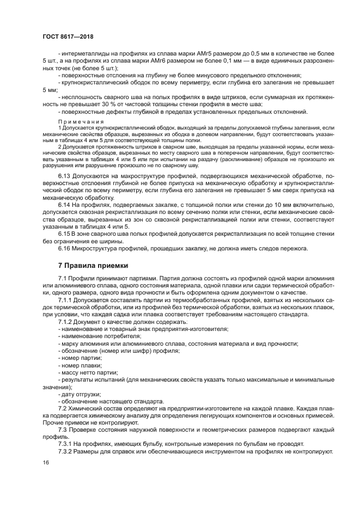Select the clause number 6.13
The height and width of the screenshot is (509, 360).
(65, 176)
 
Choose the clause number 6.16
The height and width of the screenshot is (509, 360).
(65, 249)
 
